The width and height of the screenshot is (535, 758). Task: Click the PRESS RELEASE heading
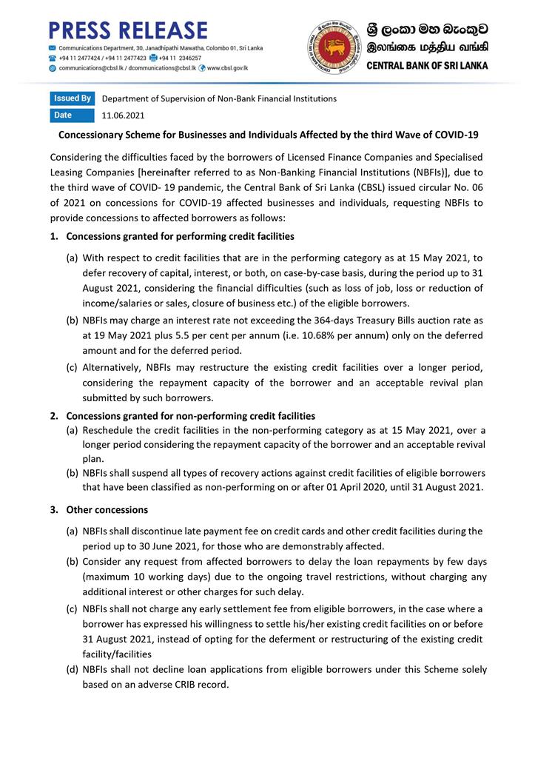point(127,30)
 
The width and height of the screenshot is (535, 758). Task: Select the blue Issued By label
point(73,98)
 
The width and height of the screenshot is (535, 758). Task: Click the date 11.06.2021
point(123,115)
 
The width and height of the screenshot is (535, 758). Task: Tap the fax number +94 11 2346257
point(184,58)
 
